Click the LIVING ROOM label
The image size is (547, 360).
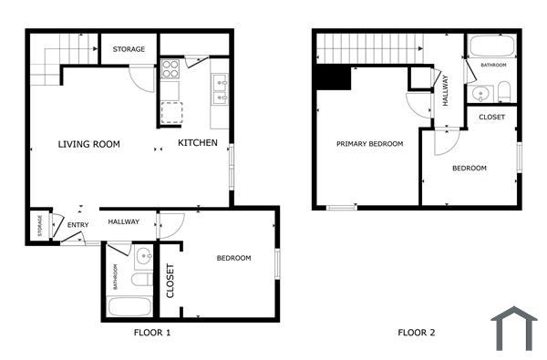click(x=89, y=144)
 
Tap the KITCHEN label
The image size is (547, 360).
click(x=197, y=143)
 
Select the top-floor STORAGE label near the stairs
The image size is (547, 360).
click(x=129, y=48)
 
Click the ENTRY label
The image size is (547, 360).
click(x=77, y=225)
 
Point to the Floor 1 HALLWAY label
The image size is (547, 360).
click(x=123, y=221)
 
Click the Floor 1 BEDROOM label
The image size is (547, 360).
click(x=233, y=258)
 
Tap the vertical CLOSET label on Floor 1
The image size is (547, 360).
click(x=170, y=281)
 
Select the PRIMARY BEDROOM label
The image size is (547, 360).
click(x=369, y=144)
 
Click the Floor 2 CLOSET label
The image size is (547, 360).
click(x=491, y=117)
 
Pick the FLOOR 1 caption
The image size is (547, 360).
click(x=151, y=333)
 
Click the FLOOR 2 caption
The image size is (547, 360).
click(x=416, y=333)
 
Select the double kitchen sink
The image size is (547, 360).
click(x=220, y=87)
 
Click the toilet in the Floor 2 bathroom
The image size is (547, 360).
click(x=503, y=90)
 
